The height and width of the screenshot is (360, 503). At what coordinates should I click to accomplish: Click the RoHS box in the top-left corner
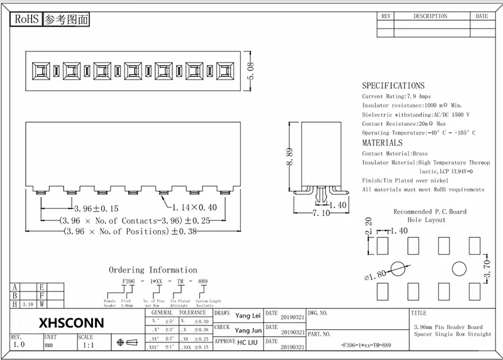click(x=27, y=20)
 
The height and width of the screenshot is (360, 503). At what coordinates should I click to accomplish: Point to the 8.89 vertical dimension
click(x=290, y=155)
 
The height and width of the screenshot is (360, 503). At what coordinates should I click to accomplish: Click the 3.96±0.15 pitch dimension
click(x=96, y=208)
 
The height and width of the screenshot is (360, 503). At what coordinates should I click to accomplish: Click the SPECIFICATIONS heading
click(x=393, y=86)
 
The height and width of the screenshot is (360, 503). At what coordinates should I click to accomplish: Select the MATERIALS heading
click(x=382, y=143)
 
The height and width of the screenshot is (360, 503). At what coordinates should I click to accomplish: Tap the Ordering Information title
click(x=153, y=269)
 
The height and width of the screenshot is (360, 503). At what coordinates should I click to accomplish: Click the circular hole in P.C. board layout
click(x=397, y=269)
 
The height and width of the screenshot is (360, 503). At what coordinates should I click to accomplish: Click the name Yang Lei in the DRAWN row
click(x=247, y=316)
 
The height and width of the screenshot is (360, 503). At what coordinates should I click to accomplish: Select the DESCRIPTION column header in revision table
click(x=430, y=16)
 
